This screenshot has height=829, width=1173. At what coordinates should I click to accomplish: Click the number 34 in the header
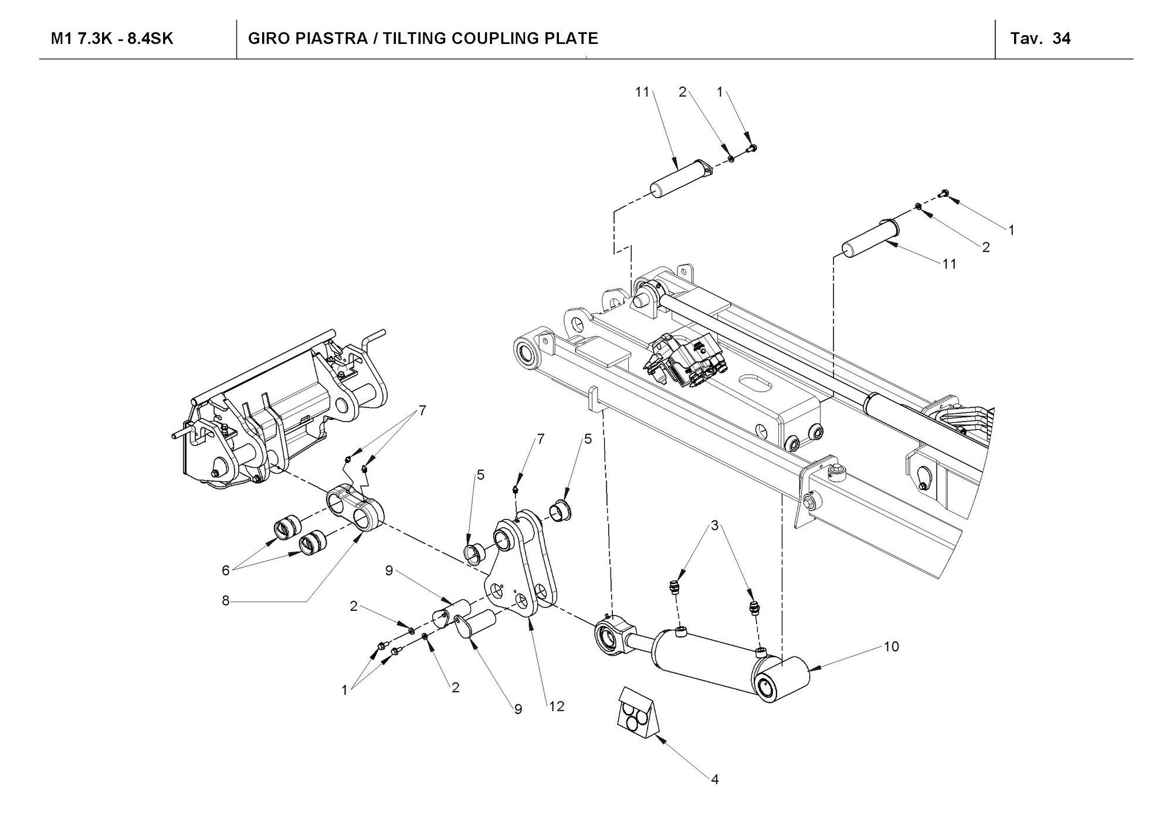(x=1062, y=39)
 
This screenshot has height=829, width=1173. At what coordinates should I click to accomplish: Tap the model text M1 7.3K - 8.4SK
(x=112, y=39)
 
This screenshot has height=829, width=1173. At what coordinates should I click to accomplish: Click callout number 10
(x=891, y=647)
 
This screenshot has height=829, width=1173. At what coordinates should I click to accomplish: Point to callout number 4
(x=714, y=779)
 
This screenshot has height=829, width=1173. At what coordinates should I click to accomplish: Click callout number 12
(x=557, y=706)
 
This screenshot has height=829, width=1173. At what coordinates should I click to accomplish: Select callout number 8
(x=225, y=601)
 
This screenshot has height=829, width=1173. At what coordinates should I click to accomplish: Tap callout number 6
(x=225, y=570)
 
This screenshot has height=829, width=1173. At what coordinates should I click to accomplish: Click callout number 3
(x=714, y=526)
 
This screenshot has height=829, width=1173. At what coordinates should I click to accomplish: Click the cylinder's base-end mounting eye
(x=781, y=681)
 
